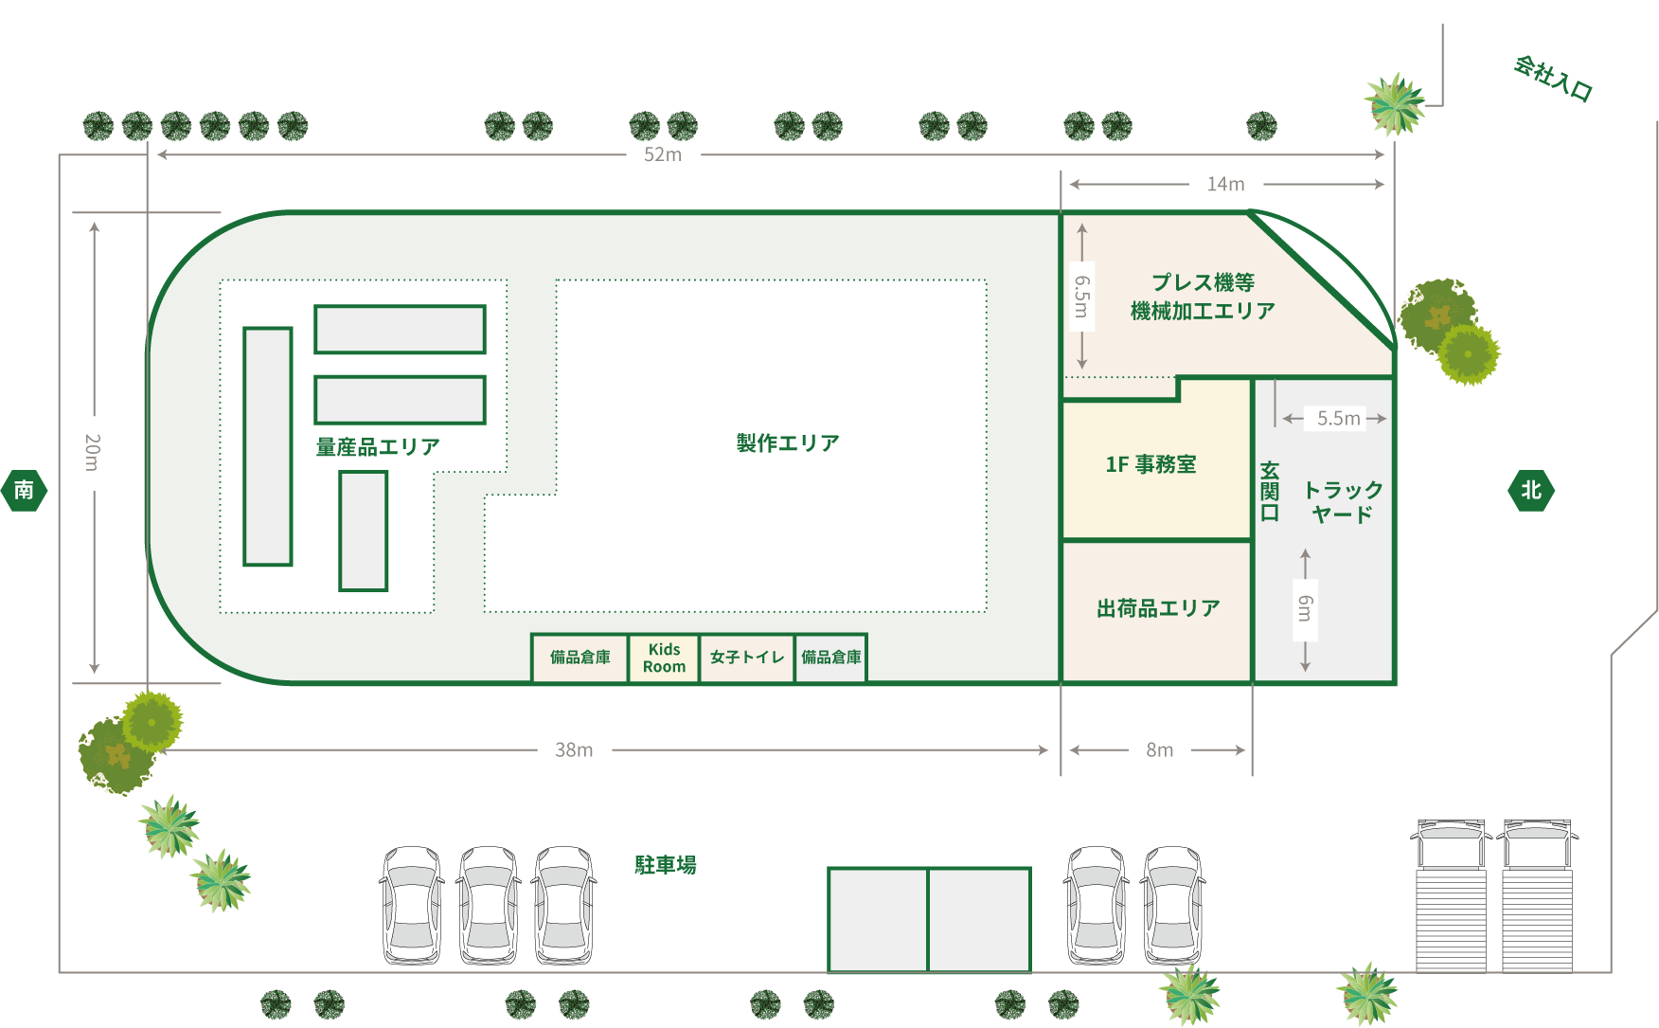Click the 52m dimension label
[x=663, y=154]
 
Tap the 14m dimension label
[x=1225, y=184]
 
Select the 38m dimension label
[x=574, y=749]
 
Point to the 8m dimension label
[x=1159, y=749]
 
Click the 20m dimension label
[x=92, y=453]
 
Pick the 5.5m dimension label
[x=1338, y=418]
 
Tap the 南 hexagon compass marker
[x=24, y=490]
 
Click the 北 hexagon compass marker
[x=1530, y=490]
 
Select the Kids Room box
[x=664, y=658]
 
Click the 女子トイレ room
[x=747, y=658]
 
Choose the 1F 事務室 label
[x=1151, y=464]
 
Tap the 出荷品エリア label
[x=1158, y=608]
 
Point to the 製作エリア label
[x=788, y=442]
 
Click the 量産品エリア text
[x=378, y=446]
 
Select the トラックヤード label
[x=1343, y=502]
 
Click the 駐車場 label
[x=665, y=865]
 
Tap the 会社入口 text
[x=1553, y=79]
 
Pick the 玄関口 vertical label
[x=1270, y=492]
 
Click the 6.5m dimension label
[x=1081, y=297]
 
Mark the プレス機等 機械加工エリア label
[x=1203, y=297]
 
